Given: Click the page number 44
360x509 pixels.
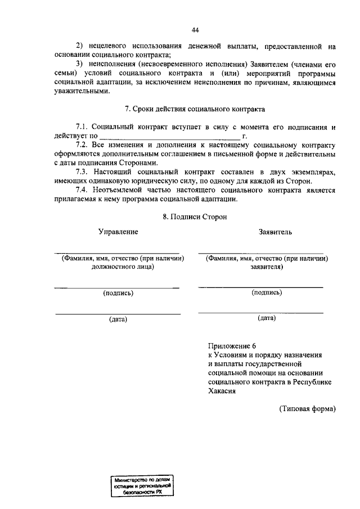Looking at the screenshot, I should pyautogui.click(x=195, y=30).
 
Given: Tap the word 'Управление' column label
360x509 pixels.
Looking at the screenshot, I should pyautogui.click(x=118, y=232).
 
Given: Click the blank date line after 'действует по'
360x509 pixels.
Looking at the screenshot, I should pyautogui.click(x=169, y=136).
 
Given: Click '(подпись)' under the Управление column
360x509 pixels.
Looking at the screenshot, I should pyautogui.click(x=118, y=293).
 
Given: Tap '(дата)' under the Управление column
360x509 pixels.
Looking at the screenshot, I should pyautogui.click(x=118, y=319).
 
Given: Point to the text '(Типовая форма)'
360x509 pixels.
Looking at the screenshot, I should pyautogui.click(x=307, y=409).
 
